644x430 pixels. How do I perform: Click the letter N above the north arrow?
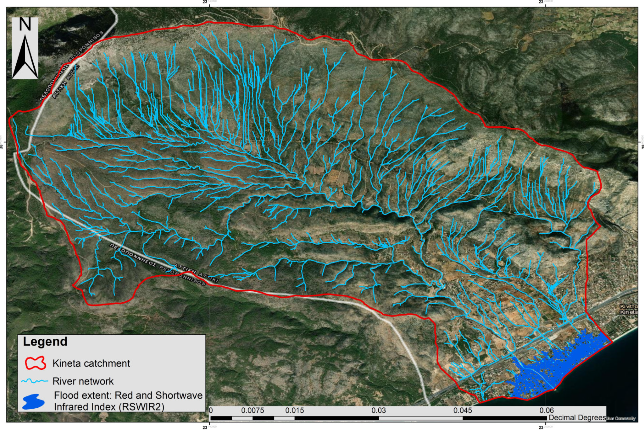click(x=25, y=25)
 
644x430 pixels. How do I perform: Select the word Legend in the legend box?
click(x=45, y=342)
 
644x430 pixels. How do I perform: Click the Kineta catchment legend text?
click(x=91, y=363)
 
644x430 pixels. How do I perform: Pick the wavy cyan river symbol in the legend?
click(x=34, y=381)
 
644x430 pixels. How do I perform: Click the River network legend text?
click(x=83, y=381)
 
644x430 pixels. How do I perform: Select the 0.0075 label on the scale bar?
click(x=252, y=411)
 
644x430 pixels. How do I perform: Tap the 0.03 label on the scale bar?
click(x=379, y=411)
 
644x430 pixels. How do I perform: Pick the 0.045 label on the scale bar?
click(x=463, y=411)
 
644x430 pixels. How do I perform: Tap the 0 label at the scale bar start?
click(x=211, y=411)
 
